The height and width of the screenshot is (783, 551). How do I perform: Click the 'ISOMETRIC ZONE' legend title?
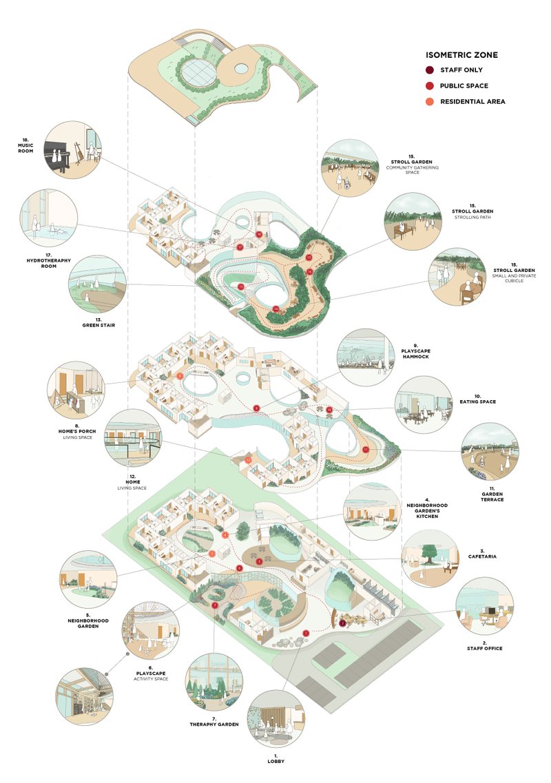(461, 55)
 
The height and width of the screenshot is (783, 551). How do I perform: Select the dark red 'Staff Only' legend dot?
(429, 70)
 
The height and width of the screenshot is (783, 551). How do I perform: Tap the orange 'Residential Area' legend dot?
(429, 101)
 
